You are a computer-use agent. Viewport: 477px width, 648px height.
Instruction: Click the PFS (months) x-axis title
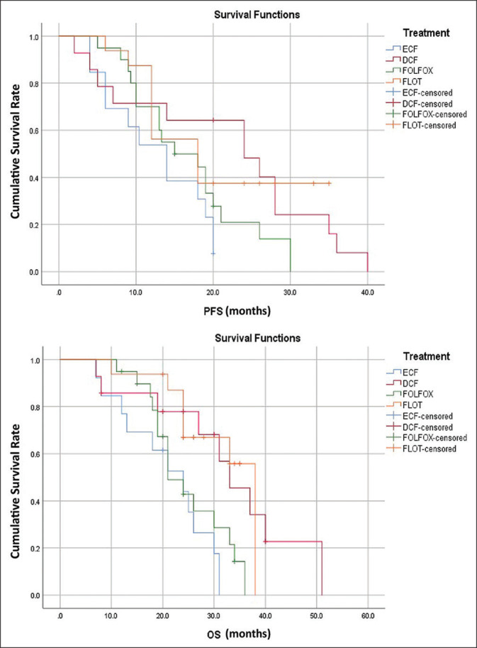pyautogui.click(x=213, y=309)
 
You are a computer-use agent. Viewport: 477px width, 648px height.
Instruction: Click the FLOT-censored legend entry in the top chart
pyautogui.click(x=432, y=126)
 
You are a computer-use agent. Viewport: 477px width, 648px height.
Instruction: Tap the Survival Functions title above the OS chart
pyautogui.click(x=213, y=337)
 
